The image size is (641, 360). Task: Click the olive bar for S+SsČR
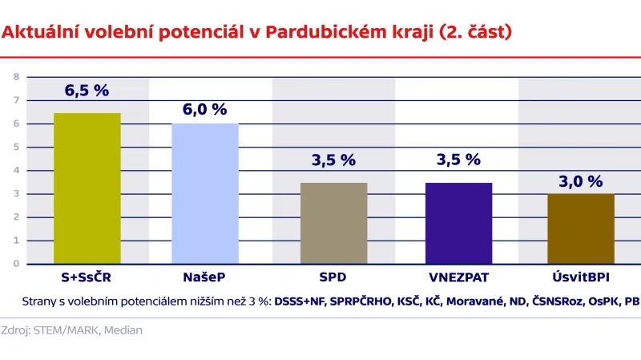pyautogui.click(x=87, y=188)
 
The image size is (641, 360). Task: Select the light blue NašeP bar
pyautogui.click(x=205, y=193)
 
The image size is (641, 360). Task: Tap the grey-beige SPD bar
pyautogui.click(x=333, y=223)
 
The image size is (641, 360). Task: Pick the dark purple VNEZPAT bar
pyautogui.click(x=458, y=223)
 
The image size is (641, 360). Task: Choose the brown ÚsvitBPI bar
pyautogui.click(x=580, y=229)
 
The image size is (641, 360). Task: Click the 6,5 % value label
pyautogui.click(x=87, y=91)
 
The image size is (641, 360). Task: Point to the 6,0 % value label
pyautogui.click(x=205, y=110)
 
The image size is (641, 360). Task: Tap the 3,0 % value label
pyautogui.click(x=580, y=181)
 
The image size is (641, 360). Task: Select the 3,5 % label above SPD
pyautogui.click(x=333, y=160)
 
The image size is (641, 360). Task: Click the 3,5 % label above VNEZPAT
pyautogui.click(x=458, y=160)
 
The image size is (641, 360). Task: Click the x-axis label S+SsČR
pyautogui.click(x=87, y=277)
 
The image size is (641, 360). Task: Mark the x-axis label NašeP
pyautogui.click(x=205, y=277)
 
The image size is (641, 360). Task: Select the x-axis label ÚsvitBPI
pyautogui.click(x=580, y=277)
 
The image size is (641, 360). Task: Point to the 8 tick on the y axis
pyautogui.click(x=15, y=77)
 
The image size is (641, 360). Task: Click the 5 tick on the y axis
pyautogui.click(x=15, y=147)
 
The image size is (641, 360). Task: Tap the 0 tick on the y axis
pyautogui.click(x=15, y=263)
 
